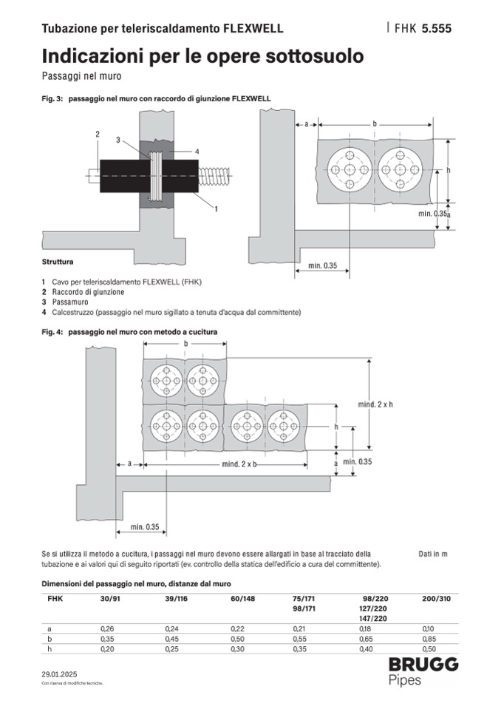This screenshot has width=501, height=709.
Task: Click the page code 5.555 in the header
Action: point(436,29)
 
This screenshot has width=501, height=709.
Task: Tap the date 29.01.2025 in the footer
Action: point(59,674)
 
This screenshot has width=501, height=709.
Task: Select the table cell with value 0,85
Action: point(428,638)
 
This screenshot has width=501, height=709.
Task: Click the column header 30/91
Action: point(110,598)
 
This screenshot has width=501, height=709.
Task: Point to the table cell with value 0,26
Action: point(106,628)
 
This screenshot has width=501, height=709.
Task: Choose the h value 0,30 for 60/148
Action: point(239,648)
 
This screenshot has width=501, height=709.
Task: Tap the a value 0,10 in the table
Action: point(428,628)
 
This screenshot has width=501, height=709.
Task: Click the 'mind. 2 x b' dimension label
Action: point(239,464)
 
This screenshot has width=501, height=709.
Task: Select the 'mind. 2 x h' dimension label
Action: point(375,404)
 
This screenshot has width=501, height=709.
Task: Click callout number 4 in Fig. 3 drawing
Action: point(197,151)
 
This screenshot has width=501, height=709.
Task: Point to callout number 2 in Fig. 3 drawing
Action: point(97,133)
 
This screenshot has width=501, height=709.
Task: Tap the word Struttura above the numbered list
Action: point(58,262)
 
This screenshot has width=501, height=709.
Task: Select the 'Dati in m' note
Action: point(433,553)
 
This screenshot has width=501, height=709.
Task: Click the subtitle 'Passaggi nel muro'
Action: point(81,75)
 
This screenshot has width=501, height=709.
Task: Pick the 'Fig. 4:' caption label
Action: point(52,333)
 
